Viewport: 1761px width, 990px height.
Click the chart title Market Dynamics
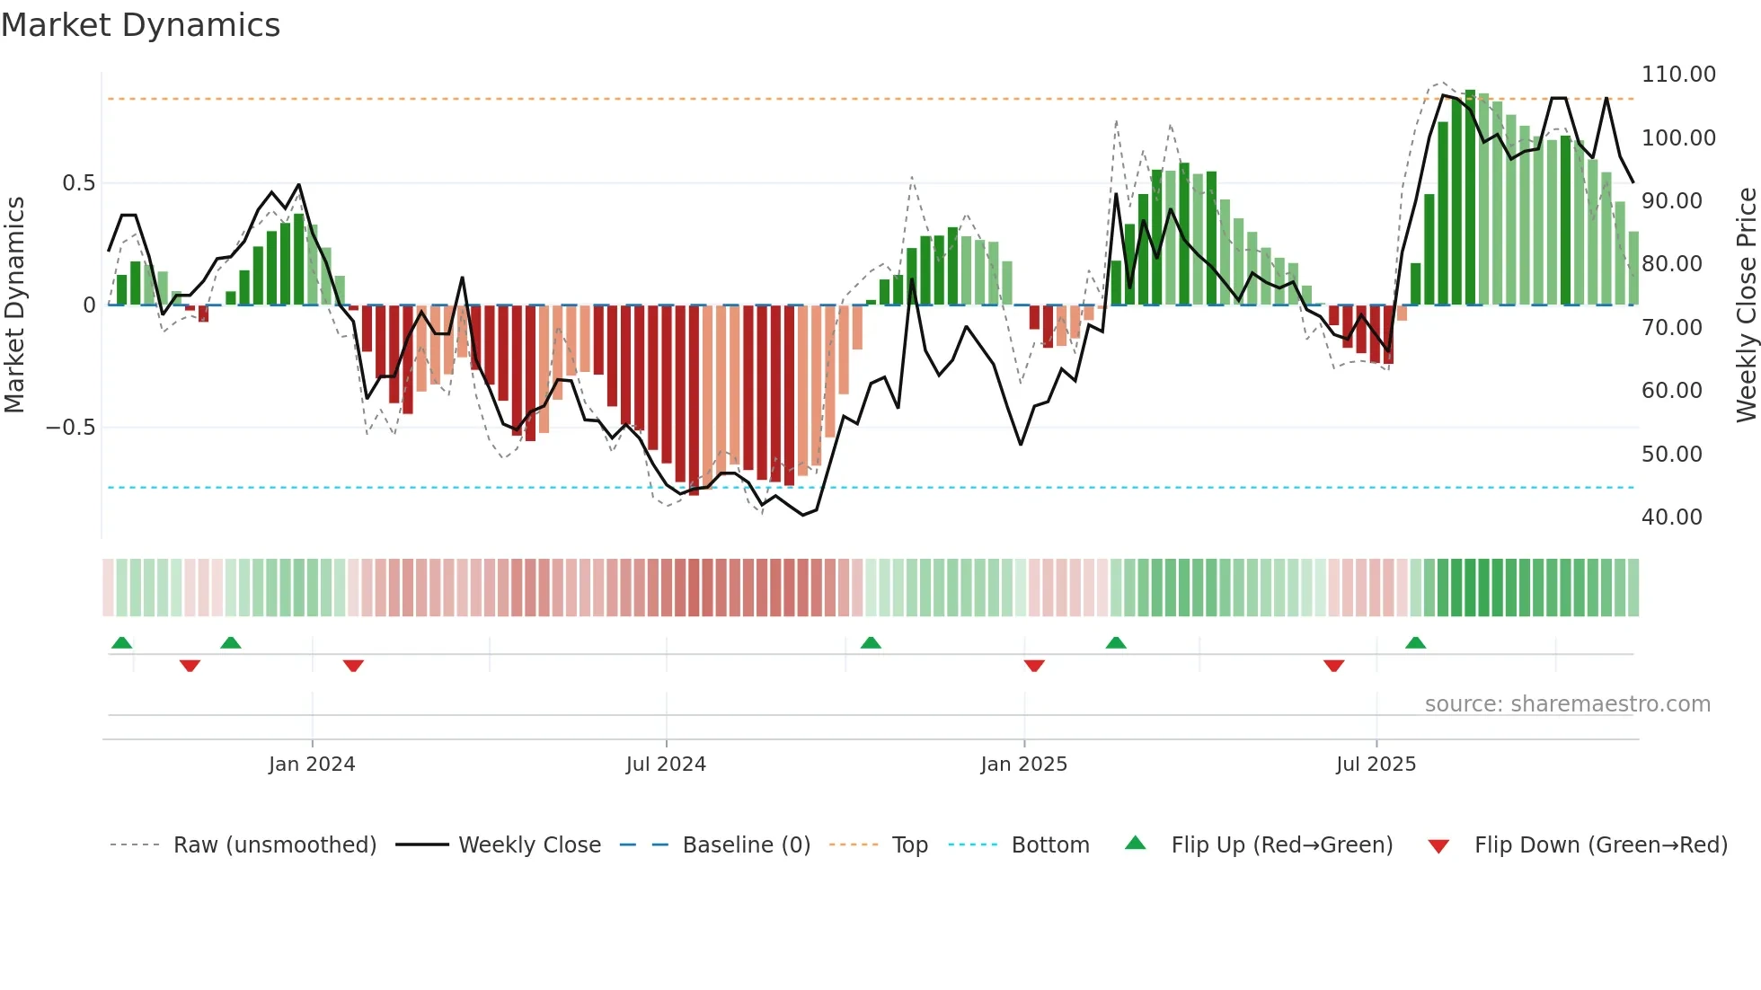pos(140,25)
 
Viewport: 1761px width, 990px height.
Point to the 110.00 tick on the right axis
pos(1678,75)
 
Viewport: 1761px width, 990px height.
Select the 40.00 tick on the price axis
pos(1671,517)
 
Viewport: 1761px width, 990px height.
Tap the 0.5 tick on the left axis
pos(78,183)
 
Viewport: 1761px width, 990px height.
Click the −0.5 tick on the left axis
pos(71,428)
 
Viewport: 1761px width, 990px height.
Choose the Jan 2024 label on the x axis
pos(312,765)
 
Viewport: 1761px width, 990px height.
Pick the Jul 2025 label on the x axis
pos(1376,765)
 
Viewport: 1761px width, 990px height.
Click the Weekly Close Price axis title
pos(1746,305)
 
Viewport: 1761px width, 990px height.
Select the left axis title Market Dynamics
pos(14,305)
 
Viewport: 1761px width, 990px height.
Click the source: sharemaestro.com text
pos(1567,704)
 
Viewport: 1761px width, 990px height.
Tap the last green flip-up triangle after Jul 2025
pos(1415,643)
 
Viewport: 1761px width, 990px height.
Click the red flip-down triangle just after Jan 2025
pos(1034,665)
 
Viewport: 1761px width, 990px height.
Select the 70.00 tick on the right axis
pos(1671,328)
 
